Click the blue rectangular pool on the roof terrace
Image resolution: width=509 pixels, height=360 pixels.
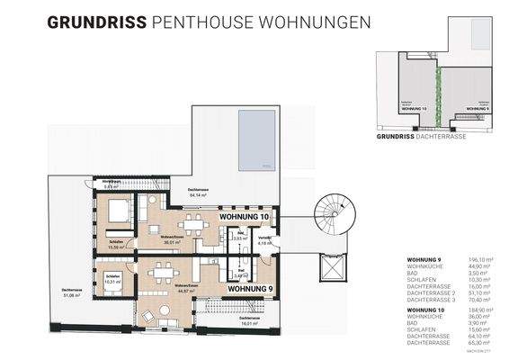[260, 139]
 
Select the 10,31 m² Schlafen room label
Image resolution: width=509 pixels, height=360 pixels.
[112, 280]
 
